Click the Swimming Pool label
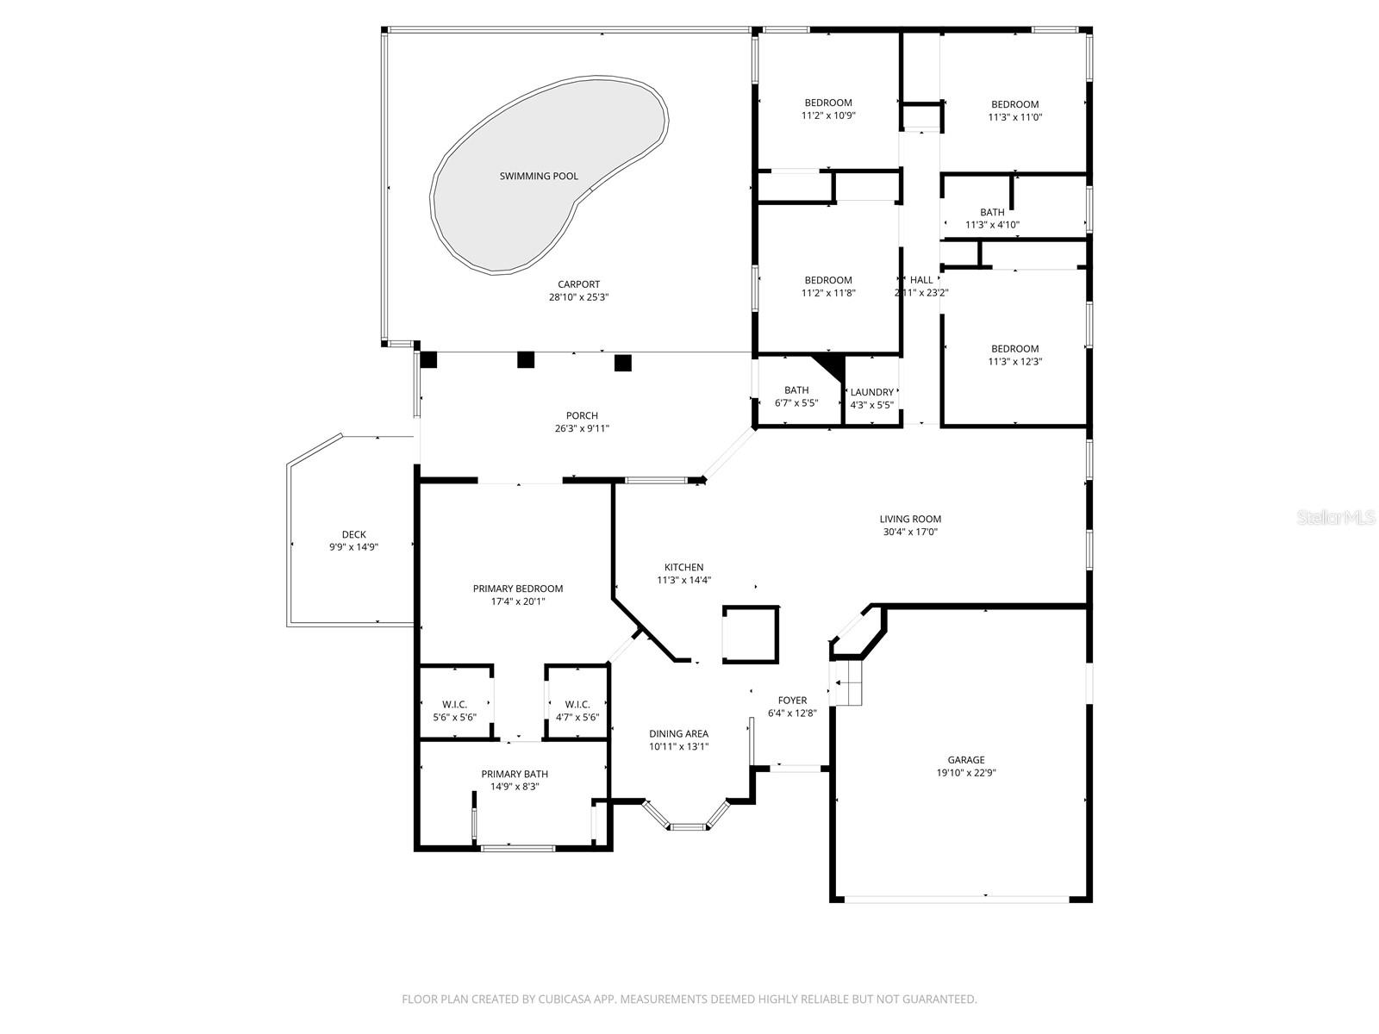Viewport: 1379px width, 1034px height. point(539,176)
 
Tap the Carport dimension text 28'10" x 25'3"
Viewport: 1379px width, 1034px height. point(578,297)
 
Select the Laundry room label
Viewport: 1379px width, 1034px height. point(871,392)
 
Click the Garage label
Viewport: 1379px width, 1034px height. point(966,760)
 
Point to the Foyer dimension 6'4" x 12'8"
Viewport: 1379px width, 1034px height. point(792,713)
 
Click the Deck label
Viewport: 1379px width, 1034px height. point(353,534)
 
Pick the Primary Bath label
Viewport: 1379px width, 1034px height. point(515,774)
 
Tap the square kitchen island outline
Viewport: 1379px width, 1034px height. point(751,635)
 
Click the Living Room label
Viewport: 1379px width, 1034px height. point(910,519)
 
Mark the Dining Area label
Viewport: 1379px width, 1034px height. point(678,734)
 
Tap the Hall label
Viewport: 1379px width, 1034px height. point(921,280)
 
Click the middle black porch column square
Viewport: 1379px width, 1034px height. point(526,359)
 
